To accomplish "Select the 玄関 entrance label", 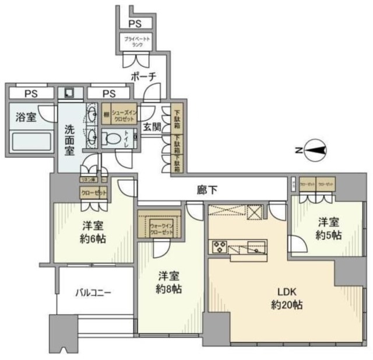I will (153, 127).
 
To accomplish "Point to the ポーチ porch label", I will (143, 77).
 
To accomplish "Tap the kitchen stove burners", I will (220, 246).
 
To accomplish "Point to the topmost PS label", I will (135, 24).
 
